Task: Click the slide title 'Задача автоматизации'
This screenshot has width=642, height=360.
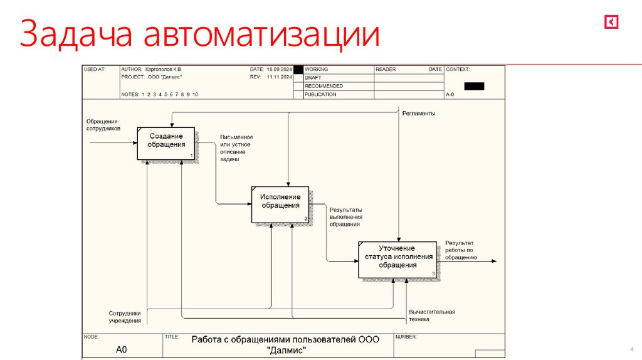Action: tap(200, 34)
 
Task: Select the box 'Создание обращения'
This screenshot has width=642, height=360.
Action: tap(166, 142)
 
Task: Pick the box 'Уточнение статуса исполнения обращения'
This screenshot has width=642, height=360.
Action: tap(397, 258)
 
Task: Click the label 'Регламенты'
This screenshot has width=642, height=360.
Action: tap(419, 114)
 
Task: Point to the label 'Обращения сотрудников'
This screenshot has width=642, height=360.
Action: tap(103, 125)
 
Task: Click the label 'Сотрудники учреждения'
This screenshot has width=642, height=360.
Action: tap(125, 317)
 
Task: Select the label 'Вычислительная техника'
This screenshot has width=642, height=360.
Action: tap(431, 315)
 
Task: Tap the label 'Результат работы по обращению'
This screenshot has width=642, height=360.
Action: tap(461, 250)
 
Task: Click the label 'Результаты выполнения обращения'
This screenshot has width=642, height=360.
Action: tap(346, 217)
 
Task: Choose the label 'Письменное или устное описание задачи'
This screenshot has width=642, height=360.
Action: tap(236, 148)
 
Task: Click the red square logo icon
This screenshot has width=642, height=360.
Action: tap(611, 22)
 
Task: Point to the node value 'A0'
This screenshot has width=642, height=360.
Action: tap(122, 350)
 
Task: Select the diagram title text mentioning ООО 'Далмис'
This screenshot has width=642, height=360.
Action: tap(286, 344)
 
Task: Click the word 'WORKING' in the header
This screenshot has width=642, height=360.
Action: tap(316, 69)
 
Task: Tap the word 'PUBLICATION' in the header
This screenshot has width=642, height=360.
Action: tap(320, 95)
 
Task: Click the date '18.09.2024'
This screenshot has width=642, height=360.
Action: tap(280, 69)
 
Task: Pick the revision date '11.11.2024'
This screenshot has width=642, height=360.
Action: tap(280, 77)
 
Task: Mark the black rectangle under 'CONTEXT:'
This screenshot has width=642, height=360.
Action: tap(474, 87)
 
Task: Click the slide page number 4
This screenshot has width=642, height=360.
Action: tap(630, 349)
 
